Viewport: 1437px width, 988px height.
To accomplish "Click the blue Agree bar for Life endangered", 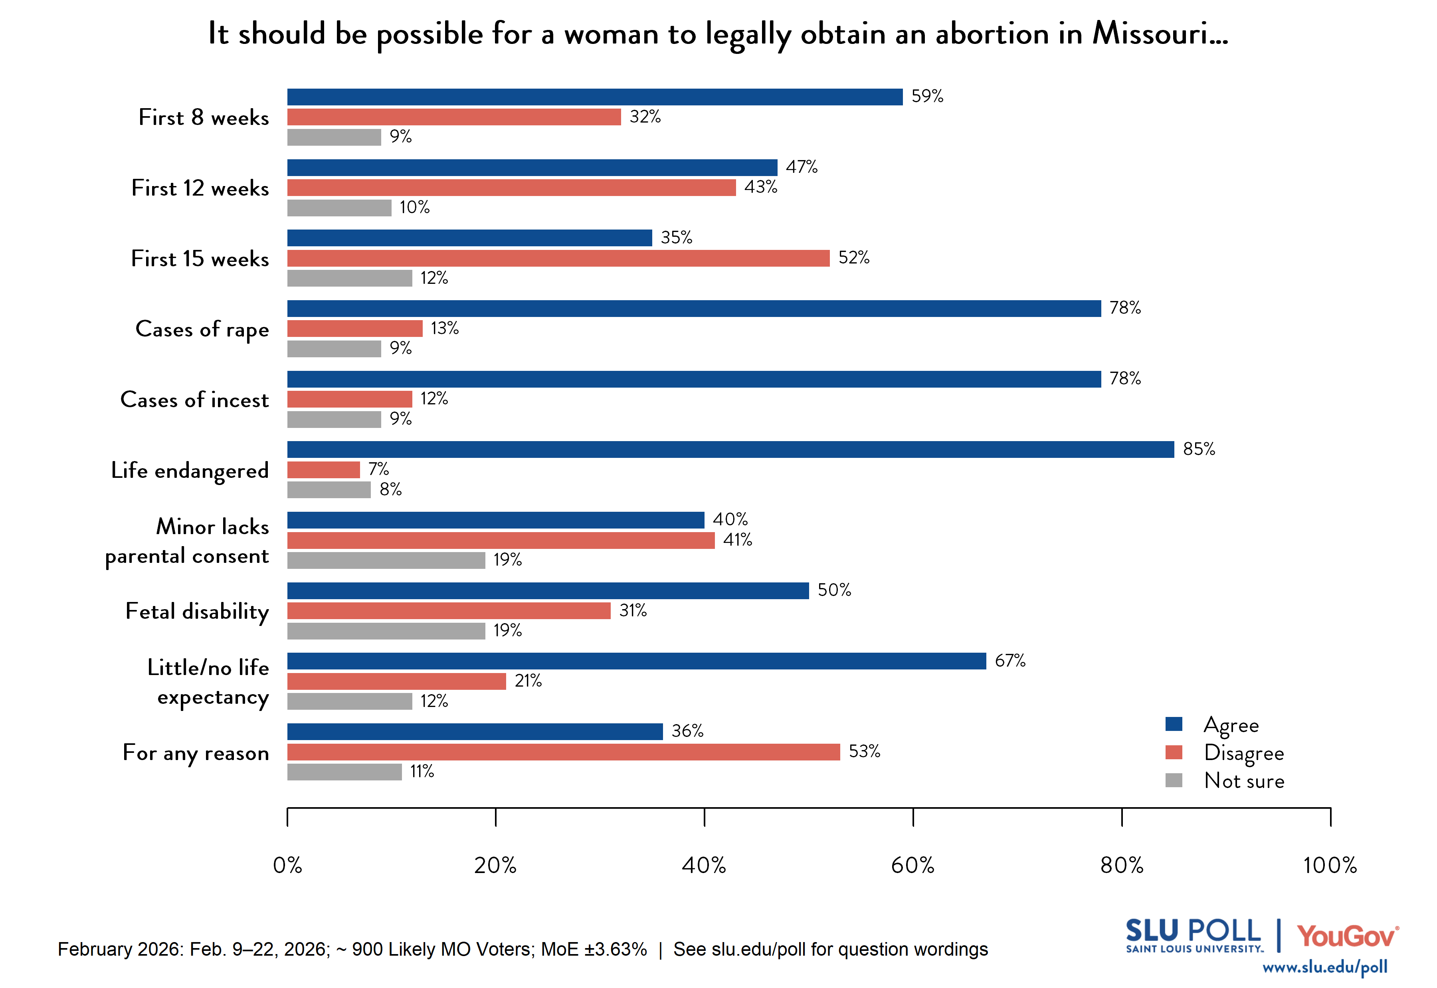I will (730, 449).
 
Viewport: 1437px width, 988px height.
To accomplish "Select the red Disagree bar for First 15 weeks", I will (558, 258).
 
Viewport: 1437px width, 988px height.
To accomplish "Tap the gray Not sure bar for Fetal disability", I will (386, 631).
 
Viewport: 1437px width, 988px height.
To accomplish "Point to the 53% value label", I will (864, 752).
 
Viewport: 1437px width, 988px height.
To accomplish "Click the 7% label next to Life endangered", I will (378, 469).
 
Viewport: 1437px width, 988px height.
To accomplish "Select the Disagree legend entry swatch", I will (1174, 752).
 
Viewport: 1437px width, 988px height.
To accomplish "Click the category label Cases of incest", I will (194, 400).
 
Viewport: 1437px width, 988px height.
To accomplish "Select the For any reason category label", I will (196, 753).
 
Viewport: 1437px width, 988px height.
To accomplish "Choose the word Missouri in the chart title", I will (1159, 34).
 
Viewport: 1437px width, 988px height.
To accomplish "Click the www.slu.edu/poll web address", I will (1324, 967).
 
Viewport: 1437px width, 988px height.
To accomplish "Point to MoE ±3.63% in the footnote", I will (594, 949).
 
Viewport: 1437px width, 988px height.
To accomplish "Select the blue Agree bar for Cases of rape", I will (694, 308).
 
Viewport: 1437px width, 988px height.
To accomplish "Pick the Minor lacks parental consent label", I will (187, 541).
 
